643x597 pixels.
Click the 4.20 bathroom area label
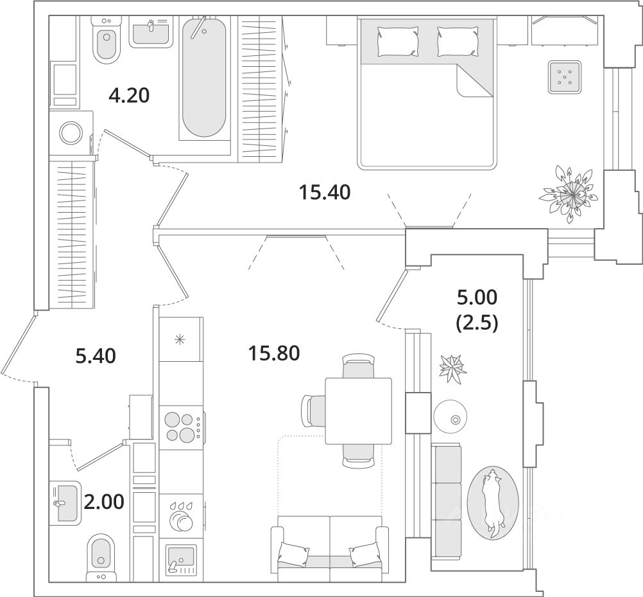click(129, 96)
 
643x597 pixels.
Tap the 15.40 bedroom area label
click(325, 192)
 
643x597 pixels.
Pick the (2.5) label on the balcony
click(476, 323)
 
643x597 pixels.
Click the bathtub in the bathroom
click(204, 77)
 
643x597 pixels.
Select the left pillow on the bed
click(398, 40)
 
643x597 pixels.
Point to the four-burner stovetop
click(180, 426)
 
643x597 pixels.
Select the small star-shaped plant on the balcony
click(453, 369)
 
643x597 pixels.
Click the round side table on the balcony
click(453, 418)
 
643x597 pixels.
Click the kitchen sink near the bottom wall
click(180, 558)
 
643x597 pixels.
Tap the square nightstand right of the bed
click(564, 78)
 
